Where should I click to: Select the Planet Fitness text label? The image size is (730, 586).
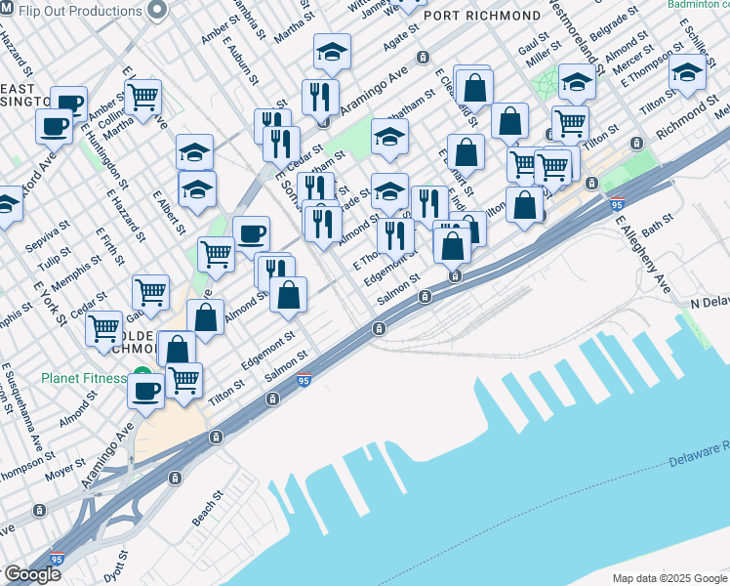click(83, 378)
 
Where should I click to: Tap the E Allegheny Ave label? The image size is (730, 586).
click(639, 250)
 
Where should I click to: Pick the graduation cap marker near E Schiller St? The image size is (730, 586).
click(687, 71)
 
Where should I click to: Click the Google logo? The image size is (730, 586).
click(31, 574)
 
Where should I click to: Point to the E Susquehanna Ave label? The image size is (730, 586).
click(21, 416)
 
